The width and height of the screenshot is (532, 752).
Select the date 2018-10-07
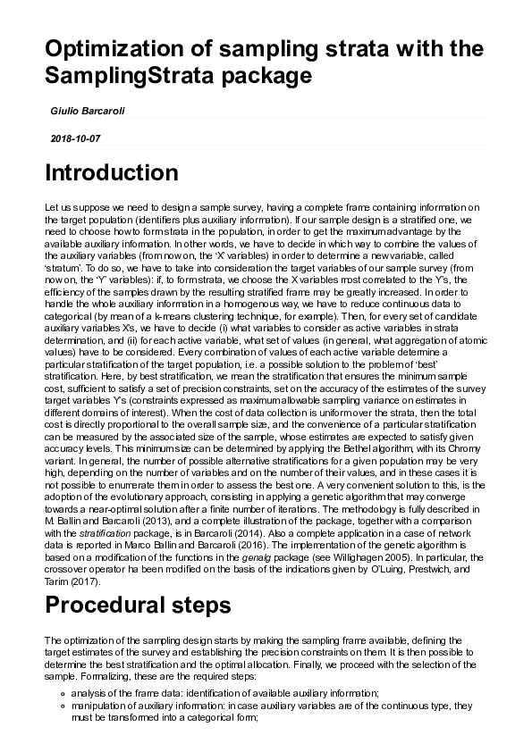[77, 139]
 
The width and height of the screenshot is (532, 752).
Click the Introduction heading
[112, 171]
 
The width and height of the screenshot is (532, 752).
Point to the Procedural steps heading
[139, 605]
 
